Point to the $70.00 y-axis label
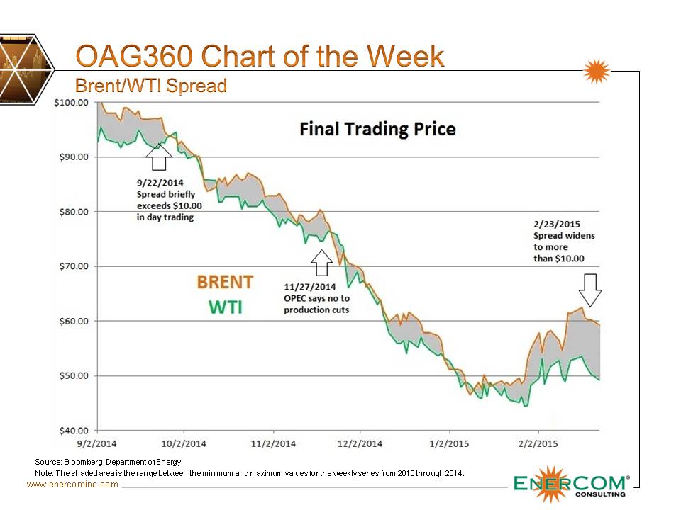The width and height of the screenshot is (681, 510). tap(73, 266)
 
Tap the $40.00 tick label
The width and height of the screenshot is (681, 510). tap(73, 430)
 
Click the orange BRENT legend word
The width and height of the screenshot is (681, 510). tap(225, 282)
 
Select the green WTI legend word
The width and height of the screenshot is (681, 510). tap(224, 308)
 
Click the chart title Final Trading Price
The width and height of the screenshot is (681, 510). tap(377, 129)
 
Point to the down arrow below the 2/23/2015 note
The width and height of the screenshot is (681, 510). tap(589, 288)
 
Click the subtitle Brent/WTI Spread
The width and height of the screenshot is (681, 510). tap(151, 86)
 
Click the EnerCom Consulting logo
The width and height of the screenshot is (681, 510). tap(571, 485)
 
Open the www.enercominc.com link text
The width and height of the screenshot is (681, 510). tap(72, 484)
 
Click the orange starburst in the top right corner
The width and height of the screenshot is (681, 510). tap(597, 72)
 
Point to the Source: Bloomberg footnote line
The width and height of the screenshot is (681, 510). tap(108, 462)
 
